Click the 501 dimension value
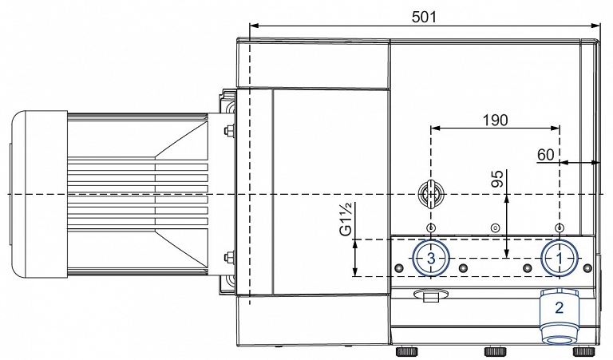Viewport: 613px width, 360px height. click(x=424, y=17)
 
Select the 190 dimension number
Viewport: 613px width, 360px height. click(x=495, y=120)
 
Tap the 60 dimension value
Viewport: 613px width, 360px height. click(x=546, y=155)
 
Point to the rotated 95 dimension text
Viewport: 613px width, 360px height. click(x=497, y=178)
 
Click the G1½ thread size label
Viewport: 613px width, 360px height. click(x=346, y=220)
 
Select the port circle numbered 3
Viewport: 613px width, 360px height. click(x=431, y=258)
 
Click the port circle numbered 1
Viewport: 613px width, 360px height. click(x=560, y=259)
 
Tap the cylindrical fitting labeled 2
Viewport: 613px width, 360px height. click(x=559, y=317)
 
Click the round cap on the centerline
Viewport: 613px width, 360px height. click(x=430, y=194)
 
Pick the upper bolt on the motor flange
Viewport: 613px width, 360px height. click(x=228, y=130)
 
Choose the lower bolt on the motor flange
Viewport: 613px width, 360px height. click(x=228, y=257)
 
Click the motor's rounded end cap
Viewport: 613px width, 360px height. click(x=38, y=193)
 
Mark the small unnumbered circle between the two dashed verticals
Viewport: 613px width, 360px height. click(x=496, y=227)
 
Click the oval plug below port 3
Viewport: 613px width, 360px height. click(x=429, y=295)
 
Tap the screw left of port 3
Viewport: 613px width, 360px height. click(x=399, y=267)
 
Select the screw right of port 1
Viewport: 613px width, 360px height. click(x=587, y=267)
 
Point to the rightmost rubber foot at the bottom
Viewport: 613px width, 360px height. click(x=583, y=351)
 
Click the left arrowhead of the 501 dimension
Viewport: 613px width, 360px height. click(x=254, y=26)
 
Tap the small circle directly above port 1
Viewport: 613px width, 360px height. click(x=560, y=227)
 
